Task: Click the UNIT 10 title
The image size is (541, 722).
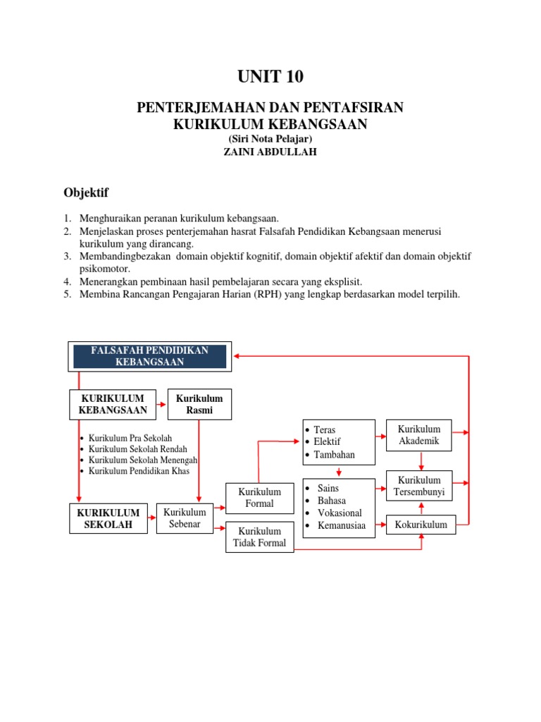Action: [270, 77]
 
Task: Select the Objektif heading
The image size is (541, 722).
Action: [86, 192]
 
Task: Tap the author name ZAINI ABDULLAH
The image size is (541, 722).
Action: [270, 152]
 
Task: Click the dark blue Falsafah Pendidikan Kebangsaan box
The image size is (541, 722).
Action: [149, 356]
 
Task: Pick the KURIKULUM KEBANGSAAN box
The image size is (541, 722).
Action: [113, 404]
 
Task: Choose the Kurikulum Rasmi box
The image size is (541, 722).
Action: [199, 404]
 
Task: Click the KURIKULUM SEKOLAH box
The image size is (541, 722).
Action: [108, 518]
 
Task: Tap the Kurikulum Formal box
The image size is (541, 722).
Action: [259, 498]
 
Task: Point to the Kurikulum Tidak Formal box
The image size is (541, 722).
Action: [259, 537]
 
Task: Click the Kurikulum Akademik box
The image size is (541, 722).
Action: [419, 435]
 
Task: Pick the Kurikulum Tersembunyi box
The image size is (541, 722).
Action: [419, 487]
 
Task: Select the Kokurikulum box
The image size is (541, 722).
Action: [421, 524]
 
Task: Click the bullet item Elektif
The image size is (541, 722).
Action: [327, 442]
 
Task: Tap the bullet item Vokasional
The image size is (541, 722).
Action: [340, 513]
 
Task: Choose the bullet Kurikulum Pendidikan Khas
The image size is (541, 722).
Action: [139, 471]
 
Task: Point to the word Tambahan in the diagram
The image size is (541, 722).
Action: [335, 455]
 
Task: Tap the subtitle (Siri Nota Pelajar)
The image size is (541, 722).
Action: [270, 139]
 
